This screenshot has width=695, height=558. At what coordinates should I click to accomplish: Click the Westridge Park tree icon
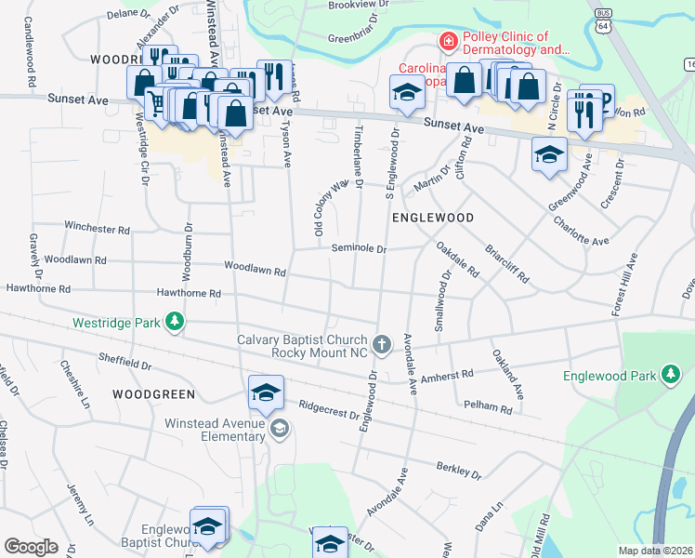coord(174,323)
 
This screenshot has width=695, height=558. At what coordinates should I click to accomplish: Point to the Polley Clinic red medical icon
coord(448,41)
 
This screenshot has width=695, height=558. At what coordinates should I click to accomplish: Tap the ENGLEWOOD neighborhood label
coord(433,218)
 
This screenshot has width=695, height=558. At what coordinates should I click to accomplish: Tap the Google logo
coord(32,547)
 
